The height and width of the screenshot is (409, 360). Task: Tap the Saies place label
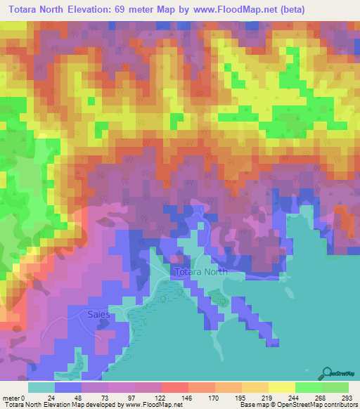coord(98,314)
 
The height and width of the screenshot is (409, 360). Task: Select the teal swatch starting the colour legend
coord(41,387)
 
